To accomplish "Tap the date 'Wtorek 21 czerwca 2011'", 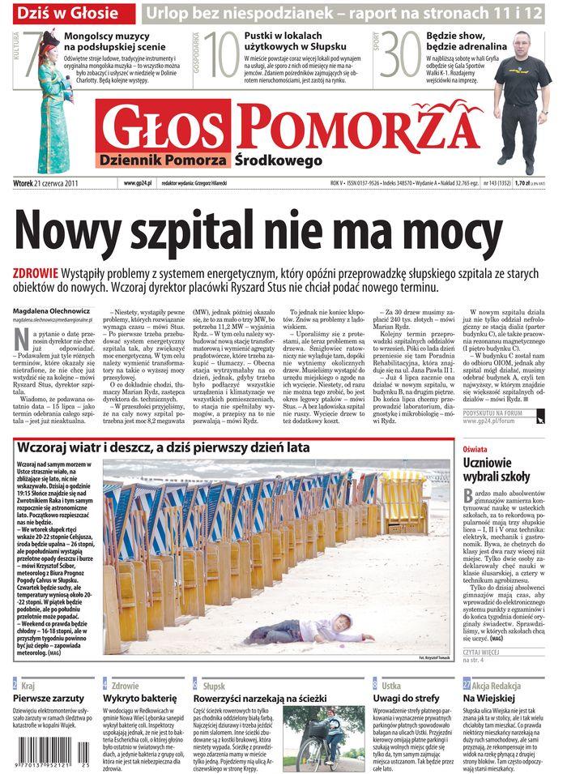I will pos(49,183).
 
